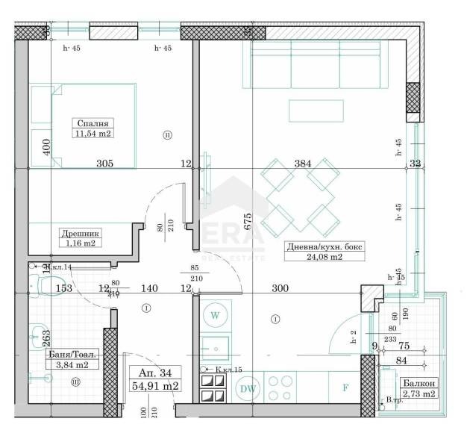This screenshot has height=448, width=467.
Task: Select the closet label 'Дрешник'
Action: (x=78, y=232)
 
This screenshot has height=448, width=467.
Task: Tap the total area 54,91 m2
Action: (x=154, y=386)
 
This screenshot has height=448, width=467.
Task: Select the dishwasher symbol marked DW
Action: (x=247, y=388)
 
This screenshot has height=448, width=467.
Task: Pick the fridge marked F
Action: (x=345, y=388)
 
